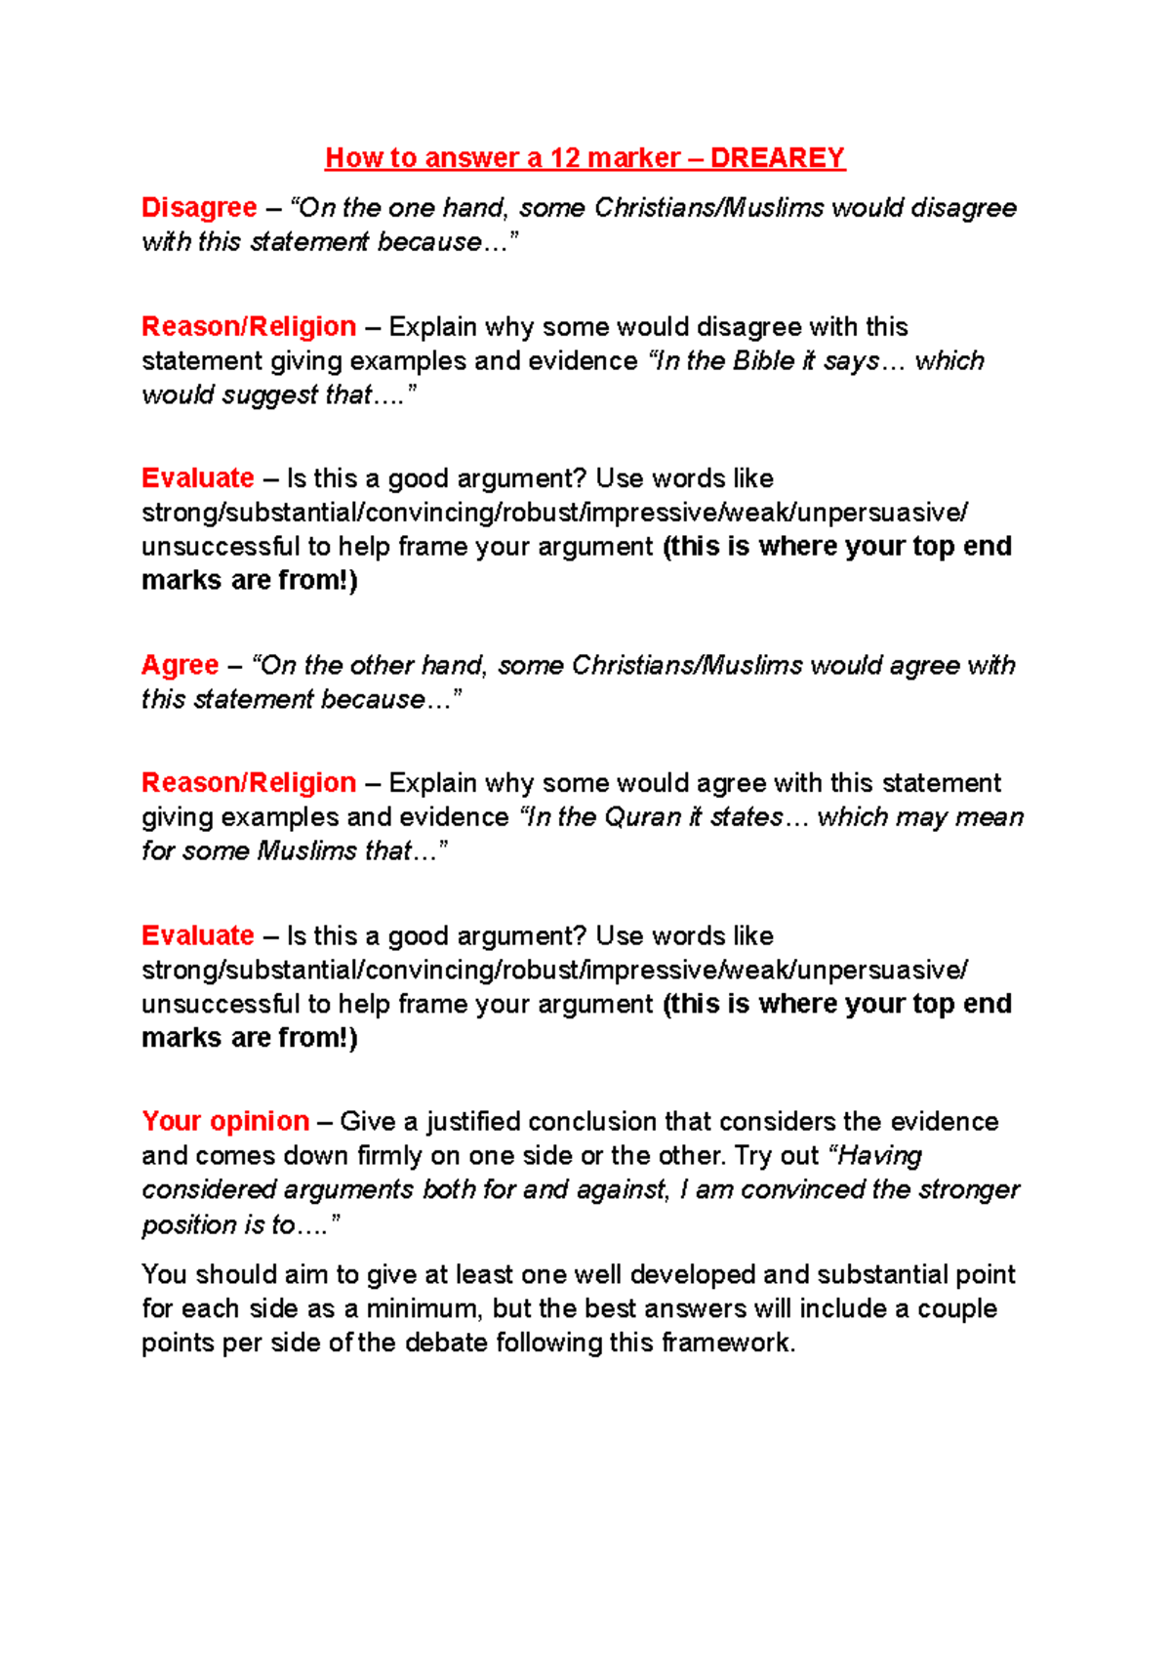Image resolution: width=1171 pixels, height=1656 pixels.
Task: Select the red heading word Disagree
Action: point(199,208)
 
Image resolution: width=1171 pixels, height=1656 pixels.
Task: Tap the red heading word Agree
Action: point(181,665)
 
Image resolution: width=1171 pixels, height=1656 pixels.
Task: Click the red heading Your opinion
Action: point(225,1121)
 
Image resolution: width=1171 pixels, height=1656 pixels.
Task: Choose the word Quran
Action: point(643,817)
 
